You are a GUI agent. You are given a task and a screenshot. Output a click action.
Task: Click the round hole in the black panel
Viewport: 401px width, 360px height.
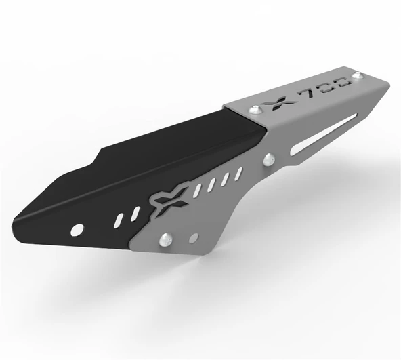77,228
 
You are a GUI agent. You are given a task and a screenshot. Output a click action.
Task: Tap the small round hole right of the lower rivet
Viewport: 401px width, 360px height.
194,237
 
